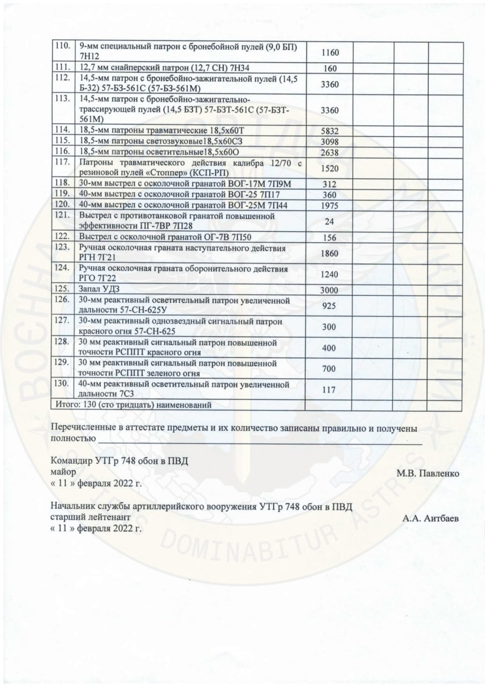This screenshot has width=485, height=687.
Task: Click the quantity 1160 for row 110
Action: pos(329,53)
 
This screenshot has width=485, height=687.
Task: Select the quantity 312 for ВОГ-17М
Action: pos(329,185)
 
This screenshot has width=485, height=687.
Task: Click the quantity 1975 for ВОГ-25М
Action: pos(329,205)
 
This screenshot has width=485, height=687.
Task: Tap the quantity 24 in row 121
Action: pos(329,221)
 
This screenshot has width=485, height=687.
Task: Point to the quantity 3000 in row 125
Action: pos(329,290)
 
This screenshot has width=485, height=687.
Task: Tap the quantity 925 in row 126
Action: pos(329,305)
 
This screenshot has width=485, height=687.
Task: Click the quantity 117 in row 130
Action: pos(329,390)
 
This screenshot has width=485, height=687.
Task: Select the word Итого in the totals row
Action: pos(67,405)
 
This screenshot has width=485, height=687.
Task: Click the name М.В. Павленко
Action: pos(428,474)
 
